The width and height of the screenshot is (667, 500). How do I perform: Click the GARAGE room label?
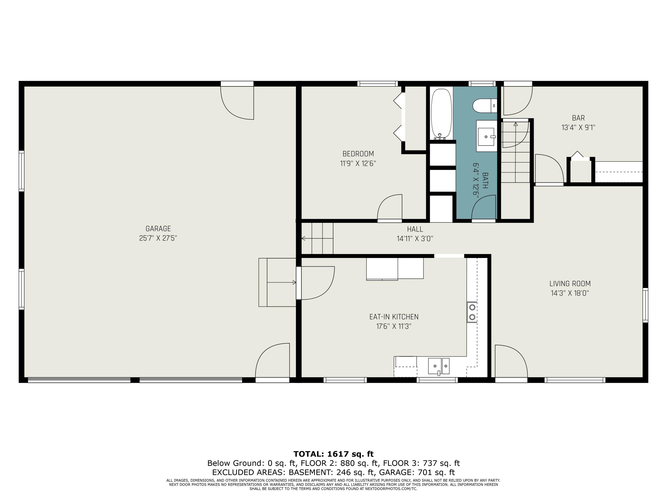pyautogui.click(x=158, y=229)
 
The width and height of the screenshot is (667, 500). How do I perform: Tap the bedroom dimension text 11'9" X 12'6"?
pyautogui.click(x=358, y=164)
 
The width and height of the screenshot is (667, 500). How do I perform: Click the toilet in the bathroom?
pyautogui.click(x=484, y=106)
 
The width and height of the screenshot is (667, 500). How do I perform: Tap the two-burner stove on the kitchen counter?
pyautogui.click(x=472, y=312)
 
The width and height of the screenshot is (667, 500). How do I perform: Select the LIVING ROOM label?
pyautogui.click(x=570, y=284)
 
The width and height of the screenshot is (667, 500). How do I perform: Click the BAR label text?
pyautogui.click(x=578, y=118)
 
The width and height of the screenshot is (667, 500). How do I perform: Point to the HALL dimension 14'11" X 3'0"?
pyautogui.click(x=415, y=239)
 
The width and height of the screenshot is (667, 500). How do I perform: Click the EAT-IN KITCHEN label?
pyautogui.click(x=394, y=317)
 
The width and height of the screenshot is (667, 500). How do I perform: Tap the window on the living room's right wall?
pyautogui.click(x=645, y=305)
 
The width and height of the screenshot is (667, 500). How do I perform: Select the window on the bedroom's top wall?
pyautogui.click(x=378, y=84)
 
